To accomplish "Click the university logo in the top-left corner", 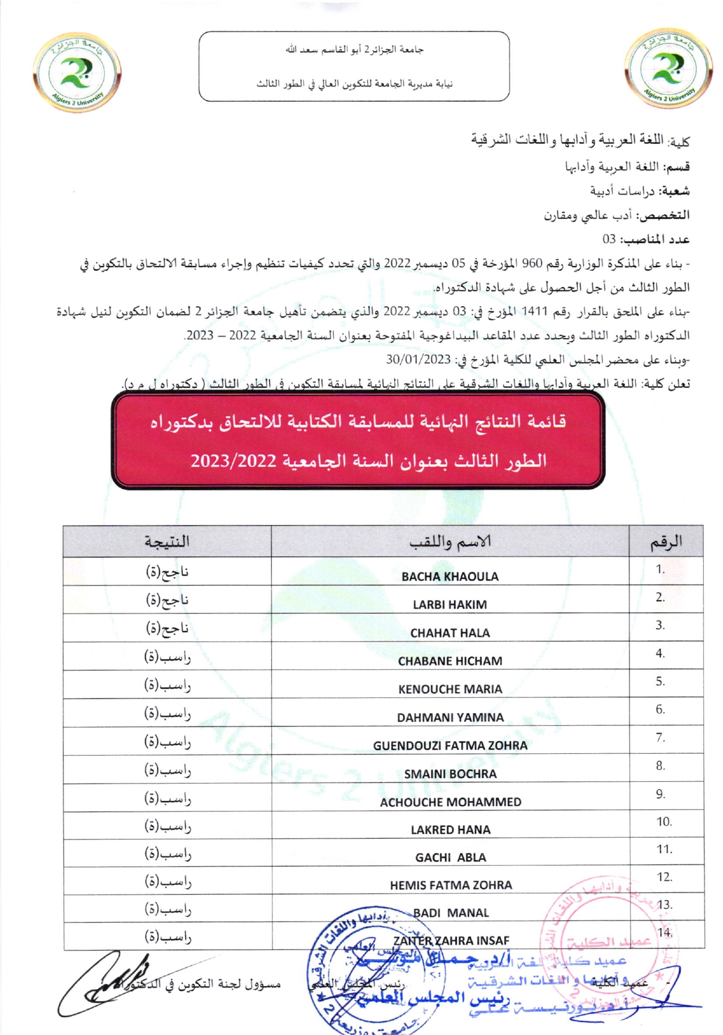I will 77,72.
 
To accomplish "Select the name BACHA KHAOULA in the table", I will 450,576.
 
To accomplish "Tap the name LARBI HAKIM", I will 450,604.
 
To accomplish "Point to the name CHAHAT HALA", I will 450,633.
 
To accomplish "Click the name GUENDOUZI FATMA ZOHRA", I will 450,745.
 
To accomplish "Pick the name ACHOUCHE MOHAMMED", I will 451,802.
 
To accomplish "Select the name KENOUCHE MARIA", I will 450,689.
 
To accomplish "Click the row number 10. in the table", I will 664,821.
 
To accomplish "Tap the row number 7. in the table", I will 660,737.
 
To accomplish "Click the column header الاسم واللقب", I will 450,542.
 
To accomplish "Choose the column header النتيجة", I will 167,541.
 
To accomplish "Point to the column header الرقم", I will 666,542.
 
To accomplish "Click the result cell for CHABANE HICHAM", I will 167,657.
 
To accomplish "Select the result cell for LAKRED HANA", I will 167,825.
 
